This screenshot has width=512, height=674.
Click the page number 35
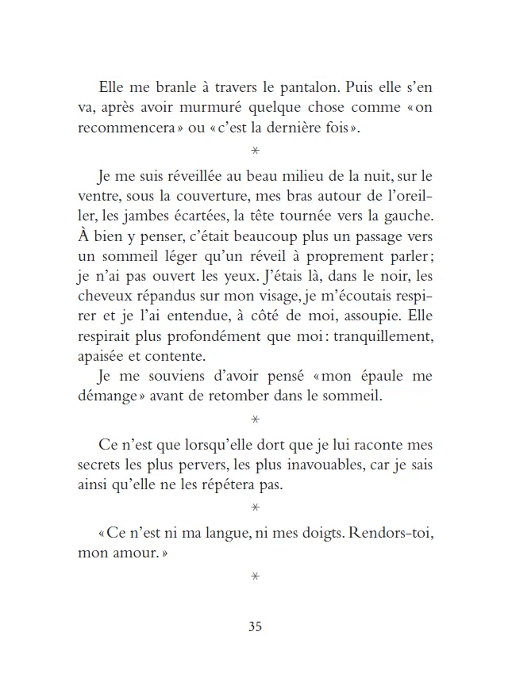tap(255, 627)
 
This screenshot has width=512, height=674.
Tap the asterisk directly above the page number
tap(255, 576)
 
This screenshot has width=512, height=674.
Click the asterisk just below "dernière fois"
tap(255, 151)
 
